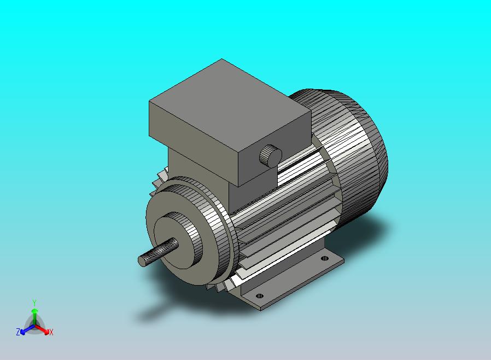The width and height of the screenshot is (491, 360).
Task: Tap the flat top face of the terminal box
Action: [230, 106]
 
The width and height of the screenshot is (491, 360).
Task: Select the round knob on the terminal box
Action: [271, 156]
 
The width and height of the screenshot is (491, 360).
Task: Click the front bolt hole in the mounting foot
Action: [260, 296]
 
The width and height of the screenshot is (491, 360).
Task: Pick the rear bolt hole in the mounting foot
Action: [325, 258]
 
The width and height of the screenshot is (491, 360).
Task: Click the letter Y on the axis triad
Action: [34, 303]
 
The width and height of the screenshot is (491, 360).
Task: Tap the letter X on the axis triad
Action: [51, 332]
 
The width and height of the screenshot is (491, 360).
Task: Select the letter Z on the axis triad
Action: [18, 332]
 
